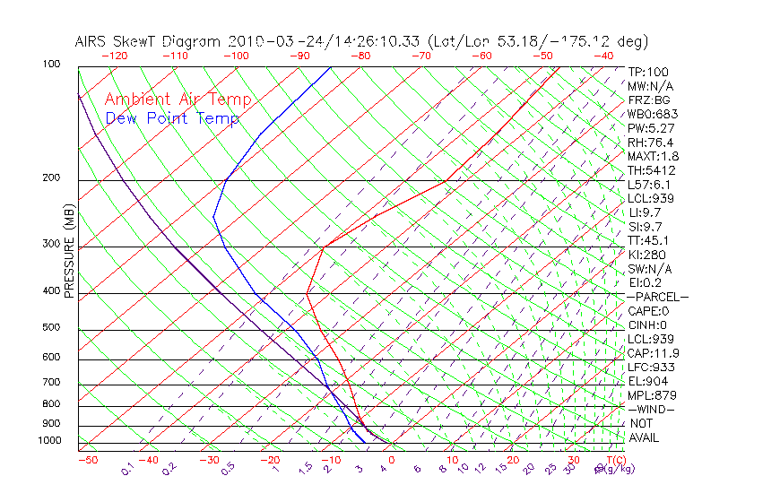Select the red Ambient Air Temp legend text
[x=178, y=100]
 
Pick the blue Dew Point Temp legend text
[x=172, y=119]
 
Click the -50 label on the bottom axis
[x=88, y=460]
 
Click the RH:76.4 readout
[x=650, y=143]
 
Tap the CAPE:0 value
[x=649, y=311]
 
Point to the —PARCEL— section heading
[x=657, y=297]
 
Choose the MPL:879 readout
[x=652, y=395]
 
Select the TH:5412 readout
[x=651, y=170]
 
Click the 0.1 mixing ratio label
[x=126, y=470]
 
